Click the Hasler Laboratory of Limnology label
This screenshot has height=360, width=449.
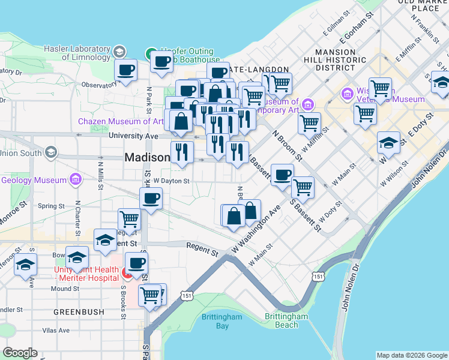(77, 53)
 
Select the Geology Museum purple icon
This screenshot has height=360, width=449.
(75, 179)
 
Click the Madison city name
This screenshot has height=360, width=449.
(147, 157)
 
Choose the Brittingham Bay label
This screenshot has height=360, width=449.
(222, 321)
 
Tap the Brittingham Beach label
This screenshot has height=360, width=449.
(286, 320)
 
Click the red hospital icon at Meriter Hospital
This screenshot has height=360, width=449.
(127, 274)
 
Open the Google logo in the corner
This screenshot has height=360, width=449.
(20, 353)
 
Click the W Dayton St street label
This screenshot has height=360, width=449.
(172, 181)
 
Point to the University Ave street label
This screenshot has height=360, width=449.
(133, 136)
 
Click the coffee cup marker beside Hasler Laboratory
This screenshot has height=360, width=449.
(126, 70)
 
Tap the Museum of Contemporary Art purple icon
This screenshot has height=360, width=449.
(309, 105)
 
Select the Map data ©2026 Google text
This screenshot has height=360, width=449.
(412, 355)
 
